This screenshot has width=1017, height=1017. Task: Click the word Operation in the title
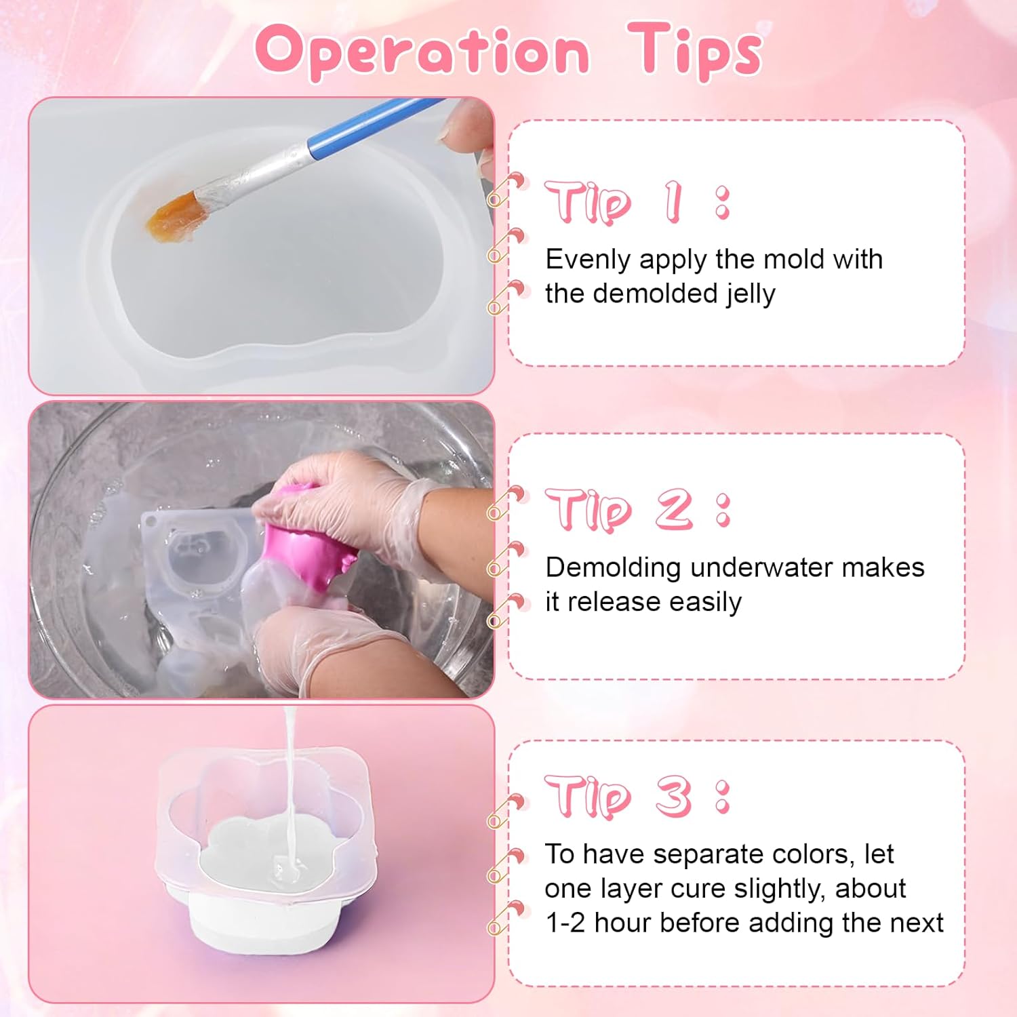pos(422,52)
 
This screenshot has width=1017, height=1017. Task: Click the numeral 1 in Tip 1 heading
pos(673,201)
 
